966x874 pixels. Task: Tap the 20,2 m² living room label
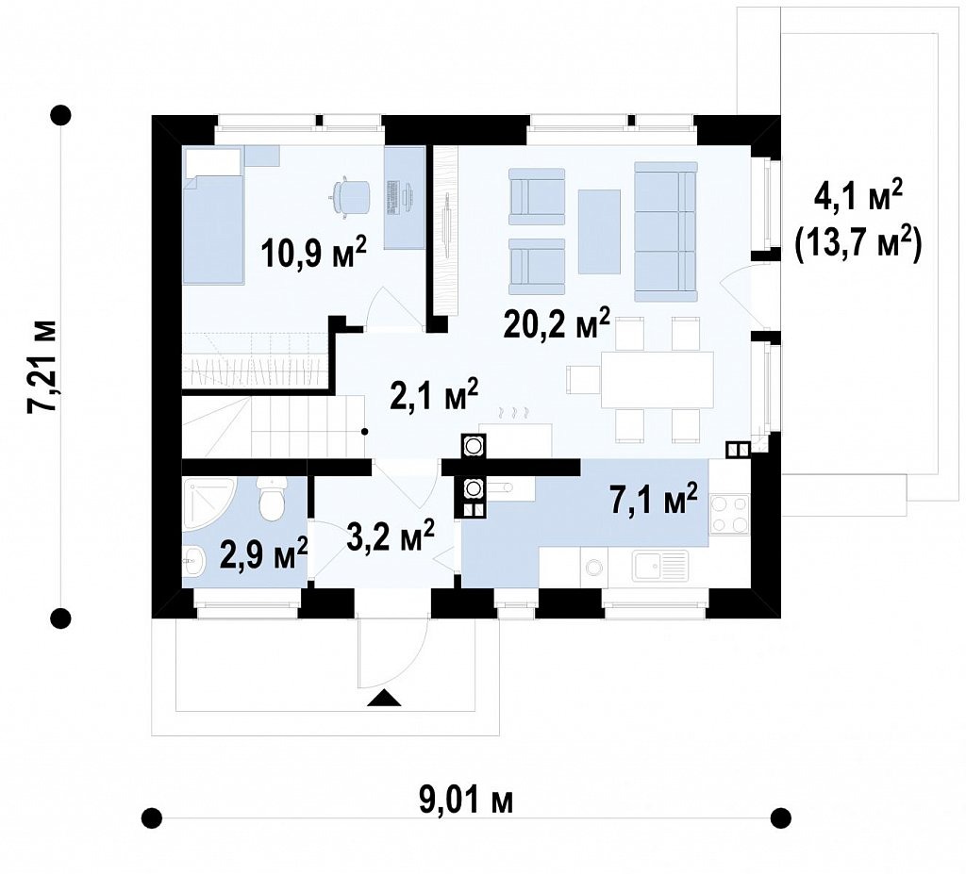coord(557,324)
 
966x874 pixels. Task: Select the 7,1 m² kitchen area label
coord(654,499)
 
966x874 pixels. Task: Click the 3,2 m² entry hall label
coord(391,536)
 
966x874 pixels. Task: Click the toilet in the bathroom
coord(272,497)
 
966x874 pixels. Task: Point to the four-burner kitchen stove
coord(729,514)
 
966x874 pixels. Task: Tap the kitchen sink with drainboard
coord(660,566)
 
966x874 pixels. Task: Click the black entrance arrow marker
coord(384,698)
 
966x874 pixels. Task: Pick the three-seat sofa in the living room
coord(665,231)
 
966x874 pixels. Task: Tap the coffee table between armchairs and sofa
coord(599,231)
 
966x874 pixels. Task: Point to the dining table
coord(657,379)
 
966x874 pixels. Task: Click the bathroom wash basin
coord(192,561)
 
